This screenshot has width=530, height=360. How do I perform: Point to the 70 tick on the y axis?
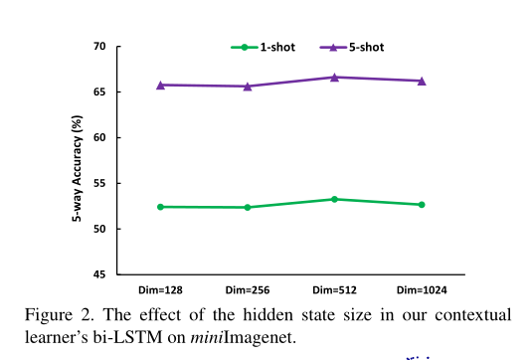pyautogui.click(x=99, y=47)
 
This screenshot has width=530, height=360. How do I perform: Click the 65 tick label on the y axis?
pyautogui.click(x=99, y=92)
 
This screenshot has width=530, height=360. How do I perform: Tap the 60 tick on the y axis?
pyautogui.click(x=99, y=137)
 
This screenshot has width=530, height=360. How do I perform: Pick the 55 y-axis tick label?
pyautogui.click(x=99, y=183)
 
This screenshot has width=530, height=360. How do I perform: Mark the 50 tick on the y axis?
pyautogui.click(x=99, y=229)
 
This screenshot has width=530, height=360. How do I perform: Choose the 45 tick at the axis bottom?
pyautogui.click(x=99, y=273)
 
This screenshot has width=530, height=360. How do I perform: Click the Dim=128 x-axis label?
pyautogui.click(x=160, y=289)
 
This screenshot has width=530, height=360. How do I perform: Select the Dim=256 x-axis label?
pyautogui.click(x=248, y=289)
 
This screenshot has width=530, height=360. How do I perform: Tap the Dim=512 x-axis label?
pyautogui.click(x=334, y=289)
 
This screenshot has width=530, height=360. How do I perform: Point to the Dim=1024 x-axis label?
pyautogui.click(x=421, y=289)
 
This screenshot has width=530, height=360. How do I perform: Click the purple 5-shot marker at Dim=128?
pyautogui.click(x=160, y=85)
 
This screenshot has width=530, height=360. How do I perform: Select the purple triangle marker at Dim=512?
pyautogui.click(x=334, y=77)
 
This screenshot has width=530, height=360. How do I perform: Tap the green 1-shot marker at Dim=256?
pyautogui.click(x=248, y=207)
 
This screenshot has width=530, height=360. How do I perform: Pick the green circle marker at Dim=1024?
pyautogui.click(x=422, y=205)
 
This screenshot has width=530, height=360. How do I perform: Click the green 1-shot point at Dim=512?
pyautogui.click(x=334, y=199)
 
